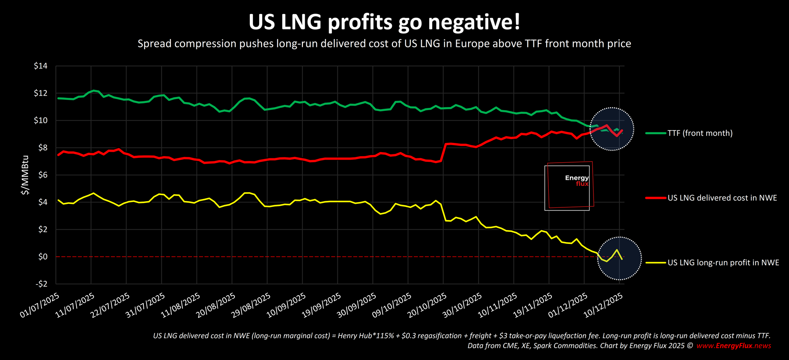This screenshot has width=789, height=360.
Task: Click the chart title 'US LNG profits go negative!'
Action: click(384, 22)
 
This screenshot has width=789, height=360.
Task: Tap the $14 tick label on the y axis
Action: click(40, 66)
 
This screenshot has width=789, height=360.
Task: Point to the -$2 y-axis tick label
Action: click(41, 284)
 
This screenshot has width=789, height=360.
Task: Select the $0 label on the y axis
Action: click(43, 257)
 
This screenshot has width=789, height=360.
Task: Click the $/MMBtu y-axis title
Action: click(25, 175)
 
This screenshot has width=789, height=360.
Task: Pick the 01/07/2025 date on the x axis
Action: click(39, 306)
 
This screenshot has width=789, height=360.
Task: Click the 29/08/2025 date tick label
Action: click(251, 306)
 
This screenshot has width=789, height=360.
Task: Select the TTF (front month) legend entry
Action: click(700, 133)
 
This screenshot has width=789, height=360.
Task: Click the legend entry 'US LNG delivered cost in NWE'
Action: click(722, 198)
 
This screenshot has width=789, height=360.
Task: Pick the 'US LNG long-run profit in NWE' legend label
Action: click(723, 263)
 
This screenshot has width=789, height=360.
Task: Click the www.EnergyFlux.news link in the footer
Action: click(733, 346)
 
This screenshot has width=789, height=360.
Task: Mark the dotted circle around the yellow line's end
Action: click(619, 258)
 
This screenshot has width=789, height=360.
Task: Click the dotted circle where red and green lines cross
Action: click(611, 129)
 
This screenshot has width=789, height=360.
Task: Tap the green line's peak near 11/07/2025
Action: click(94, 90)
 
